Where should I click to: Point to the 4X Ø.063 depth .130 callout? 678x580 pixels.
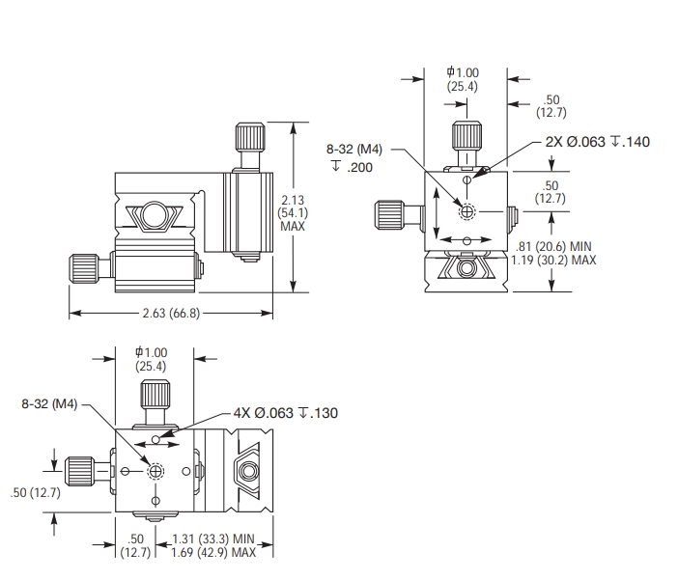coord(286,413)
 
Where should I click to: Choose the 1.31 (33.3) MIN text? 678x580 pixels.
coord(212,540)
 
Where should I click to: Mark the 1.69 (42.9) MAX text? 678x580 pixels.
coord(212,553)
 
